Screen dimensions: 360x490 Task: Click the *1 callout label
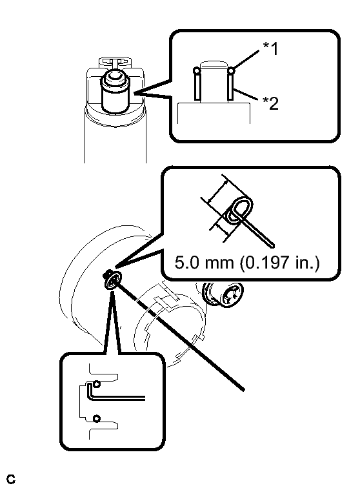(x=270, y=49)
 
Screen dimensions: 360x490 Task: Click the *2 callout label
(x=270, y=103)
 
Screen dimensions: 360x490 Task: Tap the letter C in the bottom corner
(x=10, y=479)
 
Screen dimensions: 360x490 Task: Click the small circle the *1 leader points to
(x=231, y=70)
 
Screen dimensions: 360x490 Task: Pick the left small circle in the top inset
(x=196, y=71)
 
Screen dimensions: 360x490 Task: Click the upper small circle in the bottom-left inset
(x=97, y=383)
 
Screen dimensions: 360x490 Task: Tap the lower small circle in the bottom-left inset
(x=97, y=418)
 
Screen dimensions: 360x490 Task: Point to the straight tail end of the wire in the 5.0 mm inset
(x=272, y=245)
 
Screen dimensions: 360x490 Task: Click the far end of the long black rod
(x=243, y=389)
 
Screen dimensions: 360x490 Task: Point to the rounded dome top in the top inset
(x=214, y=65)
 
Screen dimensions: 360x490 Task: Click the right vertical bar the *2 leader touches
(x=231, y=87)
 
